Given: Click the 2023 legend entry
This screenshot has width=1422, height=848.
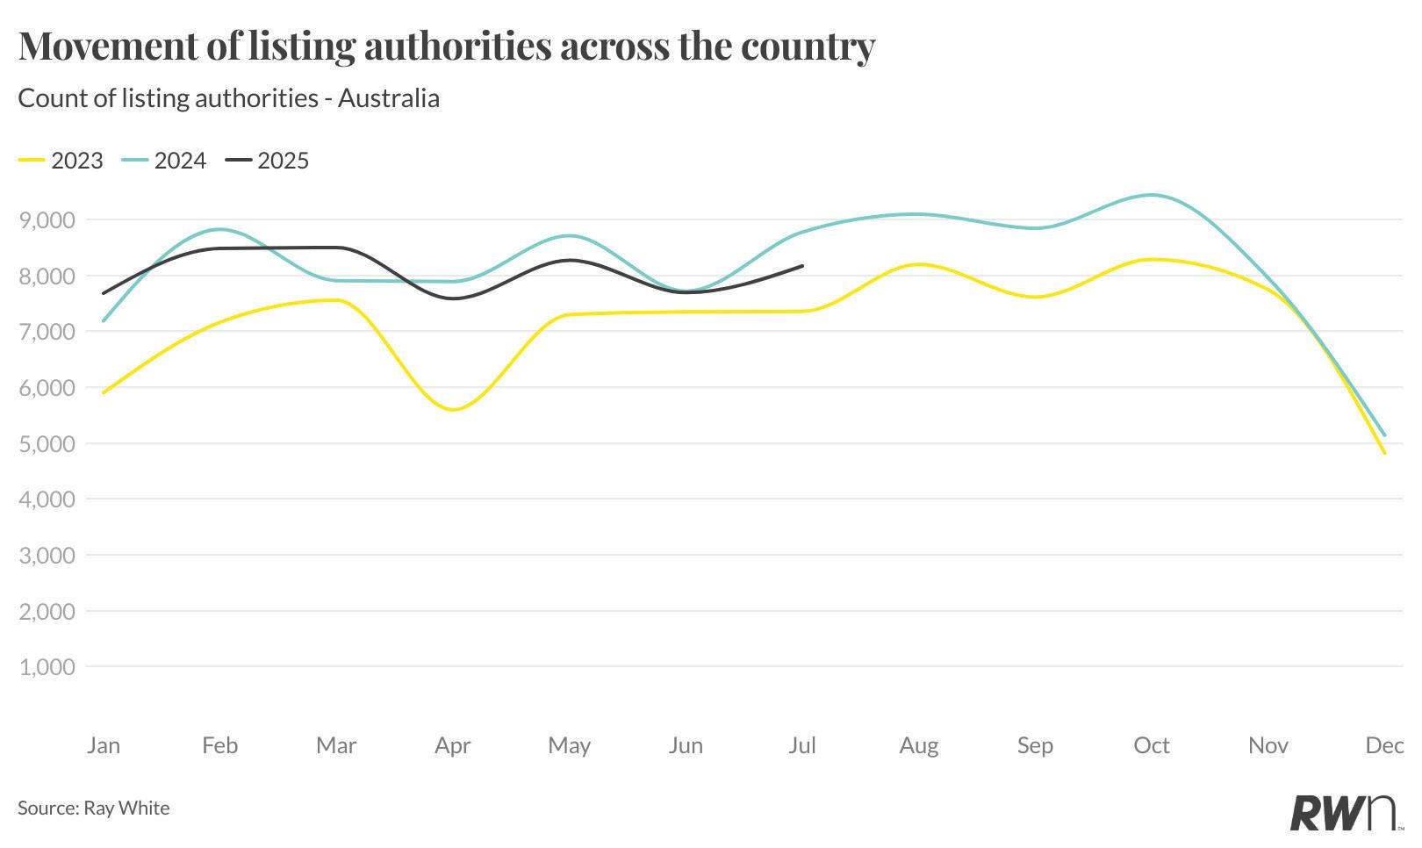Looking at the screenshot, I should click(x=61, y=161).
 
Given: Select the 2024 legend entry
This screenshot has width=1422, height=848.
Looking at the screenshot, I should click(x=164, y=161).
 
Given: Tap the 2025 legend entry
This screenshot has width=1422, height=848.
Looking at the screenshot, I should click(x=268, y=161).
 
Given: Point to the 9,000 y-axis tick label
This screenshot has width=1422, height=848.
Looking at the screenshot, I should click(x=47, y=219).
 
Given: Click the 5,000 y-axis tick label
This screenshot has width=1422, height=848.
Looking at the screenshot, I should click(x=47, y=443).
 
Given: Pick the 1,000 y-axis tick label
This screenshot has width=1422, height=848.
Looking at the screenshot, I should click(x=47, y=667).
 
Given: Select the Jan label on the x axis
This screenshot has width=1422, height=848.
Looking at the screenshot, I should click(x=104, y=745).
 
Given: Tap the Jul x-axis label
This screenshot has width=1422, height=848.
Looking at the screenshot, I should click(x=802, y=745).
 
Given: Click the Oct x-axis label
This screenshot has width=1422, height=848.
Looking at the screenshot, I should click(x=1152, y=745).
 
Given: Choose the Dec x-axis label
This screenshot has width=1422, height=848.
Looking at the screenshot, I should click(x=1384, y=745).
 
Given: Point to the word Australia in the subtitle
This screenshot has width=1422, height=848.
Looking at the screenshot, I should click(x=388, y=97).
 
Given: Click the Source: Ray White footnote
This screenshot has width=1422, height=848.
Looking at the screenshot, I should click(x=94, y=808).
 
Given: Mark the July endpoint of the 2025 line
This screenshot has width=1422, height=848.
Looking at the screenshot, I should click(x=802, y=266).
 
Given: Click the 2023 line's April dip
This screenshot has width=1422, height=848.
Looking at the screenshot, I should click(x=454, y=410).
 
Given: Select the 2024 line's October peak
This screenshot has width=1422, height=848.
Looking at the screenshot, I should click(x=1152, y=195).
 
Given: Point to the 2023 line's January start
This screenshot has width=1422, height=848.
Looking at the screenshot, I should click(x=104, y=392).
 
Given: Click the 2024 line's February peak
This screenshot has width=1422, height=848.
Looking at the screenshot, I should click(x=219, y=229).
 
